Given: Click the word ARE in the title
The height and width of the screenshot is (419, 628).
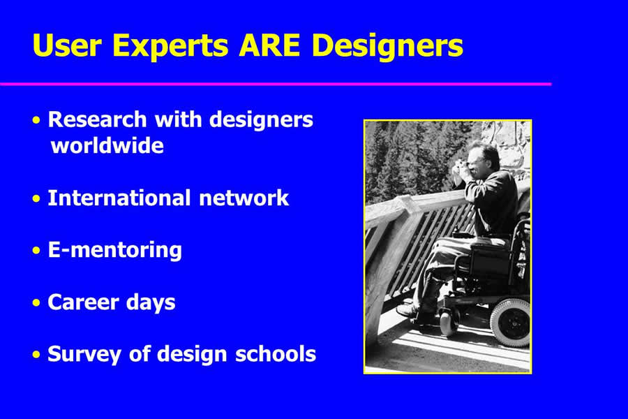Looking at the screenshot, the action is (x=269, y=45).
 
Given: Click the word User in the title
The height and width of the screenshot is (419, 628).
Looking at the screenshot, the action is (x=67, y=45).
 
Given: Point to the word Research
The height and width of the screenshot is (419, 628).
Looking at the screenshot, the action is (x=97, y=119).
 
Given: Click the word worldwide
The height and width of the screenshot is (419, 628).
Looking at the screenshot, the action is (x=107, y=145).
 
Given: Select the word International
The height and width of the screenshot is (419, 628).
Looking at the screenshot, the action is (x=119, y=198).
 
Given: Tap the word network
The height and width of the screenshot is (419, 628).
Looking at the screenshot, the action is (x=244, y=198).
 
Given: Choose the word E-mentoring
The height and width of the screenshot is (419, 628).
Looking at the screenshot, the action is (x=115, y=251).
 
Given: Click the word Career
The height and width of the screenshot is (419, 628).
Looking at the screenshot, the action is (x=82, y=302).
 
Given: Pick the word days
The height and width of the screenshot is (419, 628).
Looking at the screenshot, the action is (x=151, y=303).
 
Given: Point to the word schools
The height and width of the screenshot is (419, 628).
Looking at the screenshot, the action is (x=276, y=354).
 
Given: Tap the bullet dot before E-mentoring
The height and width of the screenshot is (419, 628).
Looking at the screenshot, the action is (x=36, y=251).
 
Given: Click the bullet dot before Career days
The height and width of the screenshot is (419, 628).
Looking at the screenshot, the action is (x=36, y=303).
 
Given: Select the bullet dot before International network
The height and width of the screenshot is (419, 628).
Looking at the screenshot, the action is (x=36, y=199).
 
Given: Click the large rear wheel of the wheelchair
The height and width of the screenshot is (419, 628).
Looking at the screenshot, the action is (x=510, y=322).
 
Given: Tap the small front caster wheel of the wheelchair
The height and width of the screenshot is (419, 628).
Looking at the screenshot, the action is (x=448, y=321).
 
